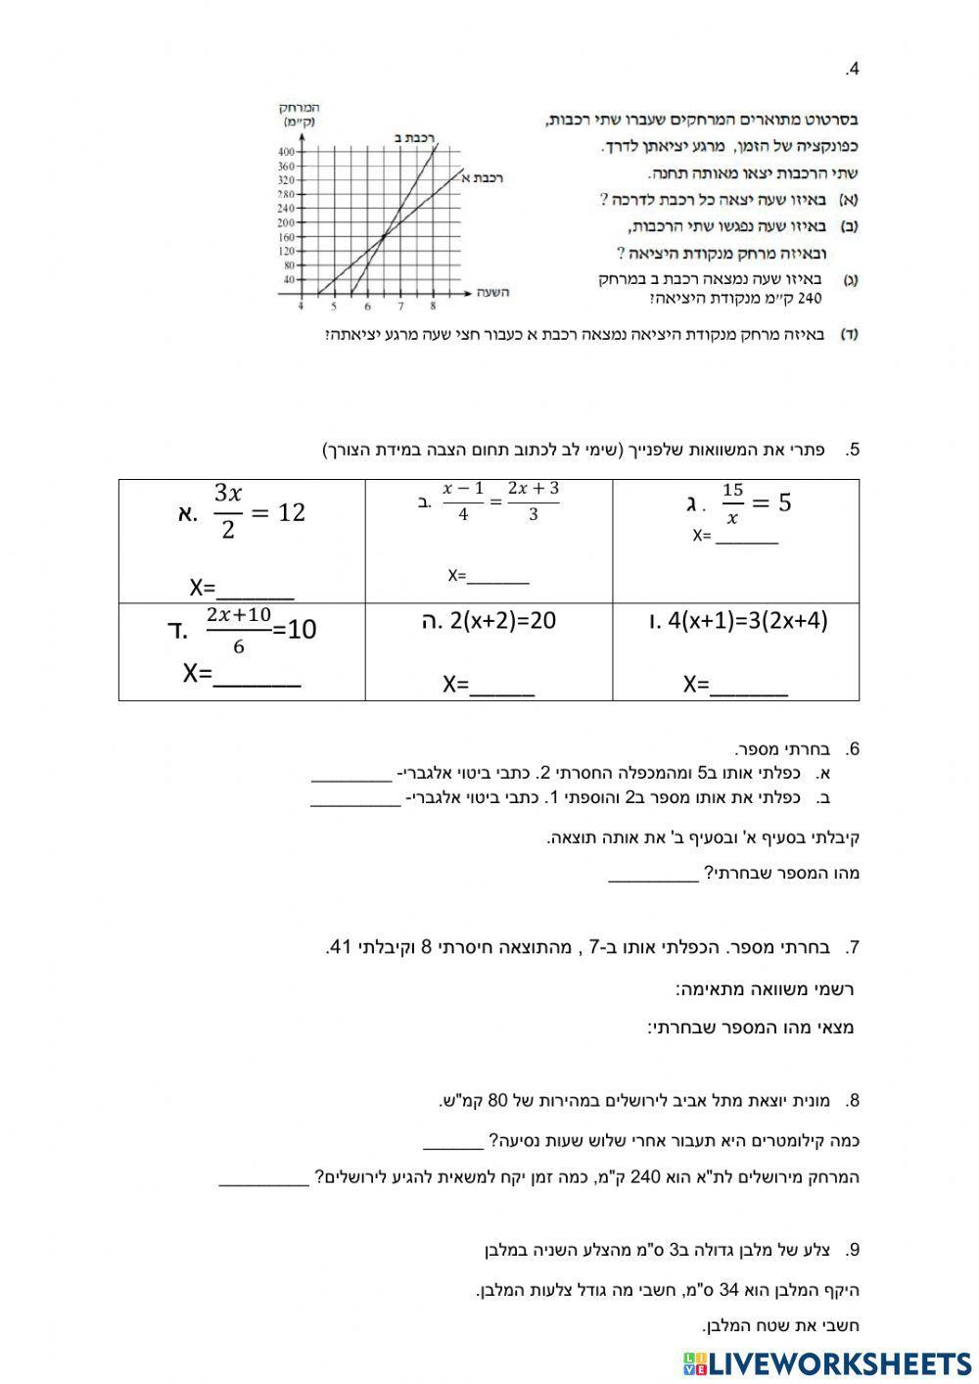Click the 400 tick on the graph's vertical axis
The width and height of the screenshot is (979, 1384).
point(286,152)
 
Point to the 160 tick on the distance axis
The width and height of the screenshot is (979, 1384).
point(286,236)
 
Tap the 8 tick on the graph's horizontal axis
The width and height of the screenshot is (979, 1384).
point(432,306)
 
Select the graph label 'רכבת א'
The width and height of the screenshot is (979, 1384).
point(482,177)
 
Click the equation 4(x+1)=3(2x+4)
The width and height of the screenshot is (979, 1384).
point(748,621)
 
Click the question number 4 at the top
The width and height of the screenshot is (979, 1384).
point(853,70)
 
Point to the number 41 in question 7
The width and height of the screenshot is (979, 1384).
point(339,947)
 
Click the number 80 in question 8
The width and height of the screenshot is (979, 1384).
point(496,1101)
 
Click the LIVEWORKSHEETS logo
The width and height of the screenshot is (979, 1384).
point(826,1363)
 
